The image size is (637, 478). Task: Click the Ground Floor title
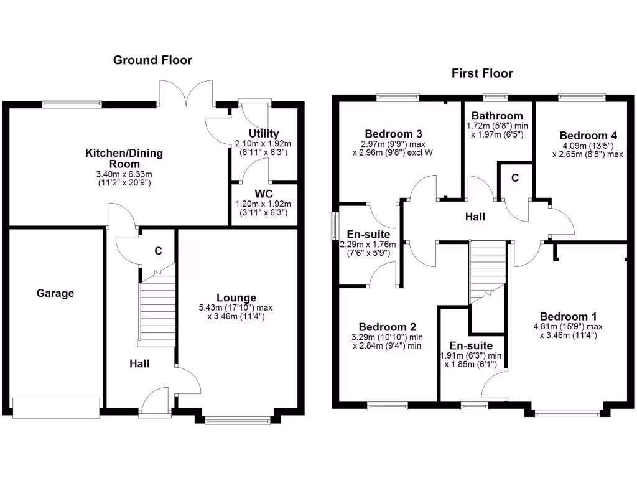(152, 60)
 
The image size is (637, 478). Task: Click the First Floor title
(482, 73)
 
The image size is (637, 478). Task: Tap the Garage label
(55, 293)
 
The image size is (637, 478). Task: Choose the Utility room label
(264, 133)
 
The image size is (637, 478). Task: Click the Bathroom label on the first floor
(496, 116)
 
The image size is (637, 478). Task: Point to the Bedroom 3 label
(394, 134)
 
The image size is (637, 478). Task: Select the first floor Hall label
(476, 217)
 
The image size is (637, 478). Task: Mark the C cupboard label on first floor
(515, 178)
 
